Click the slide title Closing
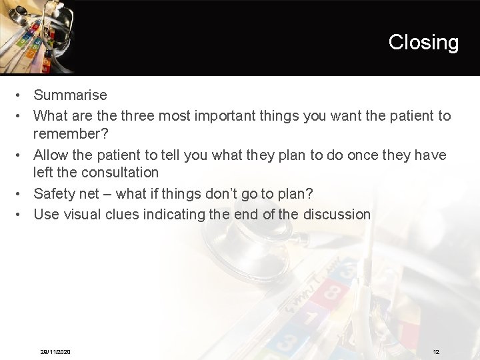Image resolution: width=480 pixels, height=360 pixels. [423, 42]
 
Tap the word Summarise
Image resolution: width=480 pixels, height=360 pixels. [70, 95]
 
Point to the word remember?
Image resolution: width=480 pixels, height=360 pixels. [71, 133]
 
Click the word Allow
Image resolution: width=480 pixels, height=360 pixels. [51, 155]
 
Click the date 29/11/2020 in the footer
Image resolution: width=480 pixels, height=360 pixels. [55, 351]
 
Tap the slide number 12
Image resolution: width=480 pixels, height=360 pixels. [436, 351]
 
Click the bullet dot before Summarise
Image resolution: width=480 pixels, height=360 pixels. [21, 95]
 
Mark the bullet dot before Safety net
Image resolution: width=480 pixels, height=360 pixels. [21, 194]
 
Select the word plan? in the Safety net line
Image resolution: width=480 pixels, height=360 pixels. [295, 194]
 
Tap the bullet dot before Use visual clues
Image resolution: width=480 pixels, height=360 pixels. [21, 214]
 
